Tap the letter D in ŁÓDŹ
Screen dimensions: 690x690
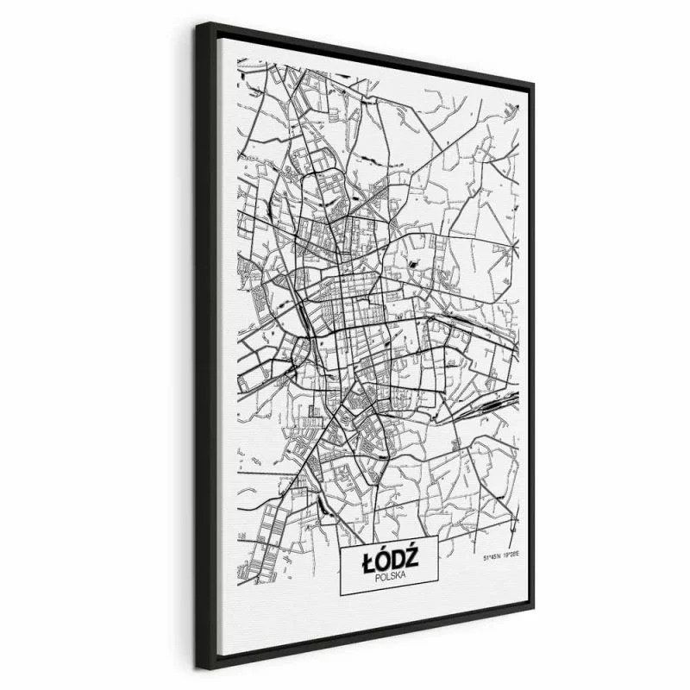click(x=398, y=561)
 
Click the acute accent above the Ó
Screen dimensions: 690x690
click(x=383, y=550)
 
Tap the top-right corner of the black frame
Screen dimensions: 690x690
click(x=533, y=84)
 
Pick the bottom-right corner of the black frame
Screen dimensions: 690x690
click(x=532, y=612)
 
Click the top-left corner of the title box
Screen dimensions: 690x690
click(x=342, y=546)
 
